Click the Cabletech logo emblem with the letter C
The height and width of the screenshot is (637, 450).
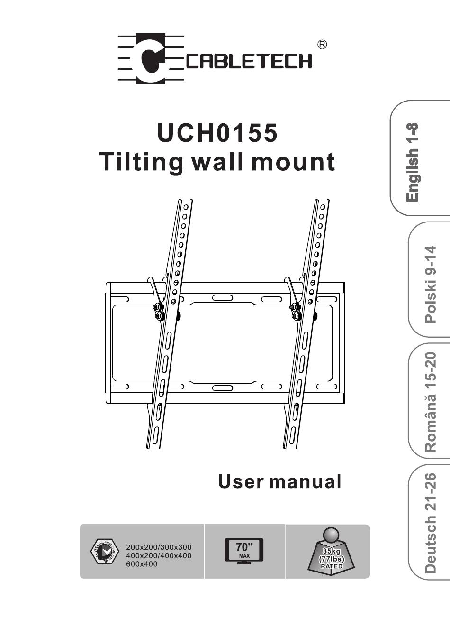point(151,59)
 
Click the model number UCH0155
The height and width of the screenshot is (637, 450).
point(217,133)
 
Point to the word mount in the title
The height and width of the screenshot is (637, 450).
point(293,162)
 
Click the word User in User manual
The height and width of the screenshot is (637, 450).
point(241,481)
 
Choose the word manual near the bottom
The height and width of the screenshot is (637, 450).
point(305,481)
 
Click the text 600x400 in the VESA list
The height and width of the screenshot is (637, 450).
point(142,564)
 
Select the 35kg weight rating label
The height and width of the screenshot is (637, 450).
point(331,551)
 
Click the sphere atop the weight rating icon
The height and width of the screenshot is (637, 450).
point(331,535)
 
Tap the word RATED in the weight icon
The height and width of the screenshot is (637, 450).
point(331,566)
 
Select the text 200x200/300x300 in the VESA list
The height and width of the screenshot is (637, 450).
point(159,547)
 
